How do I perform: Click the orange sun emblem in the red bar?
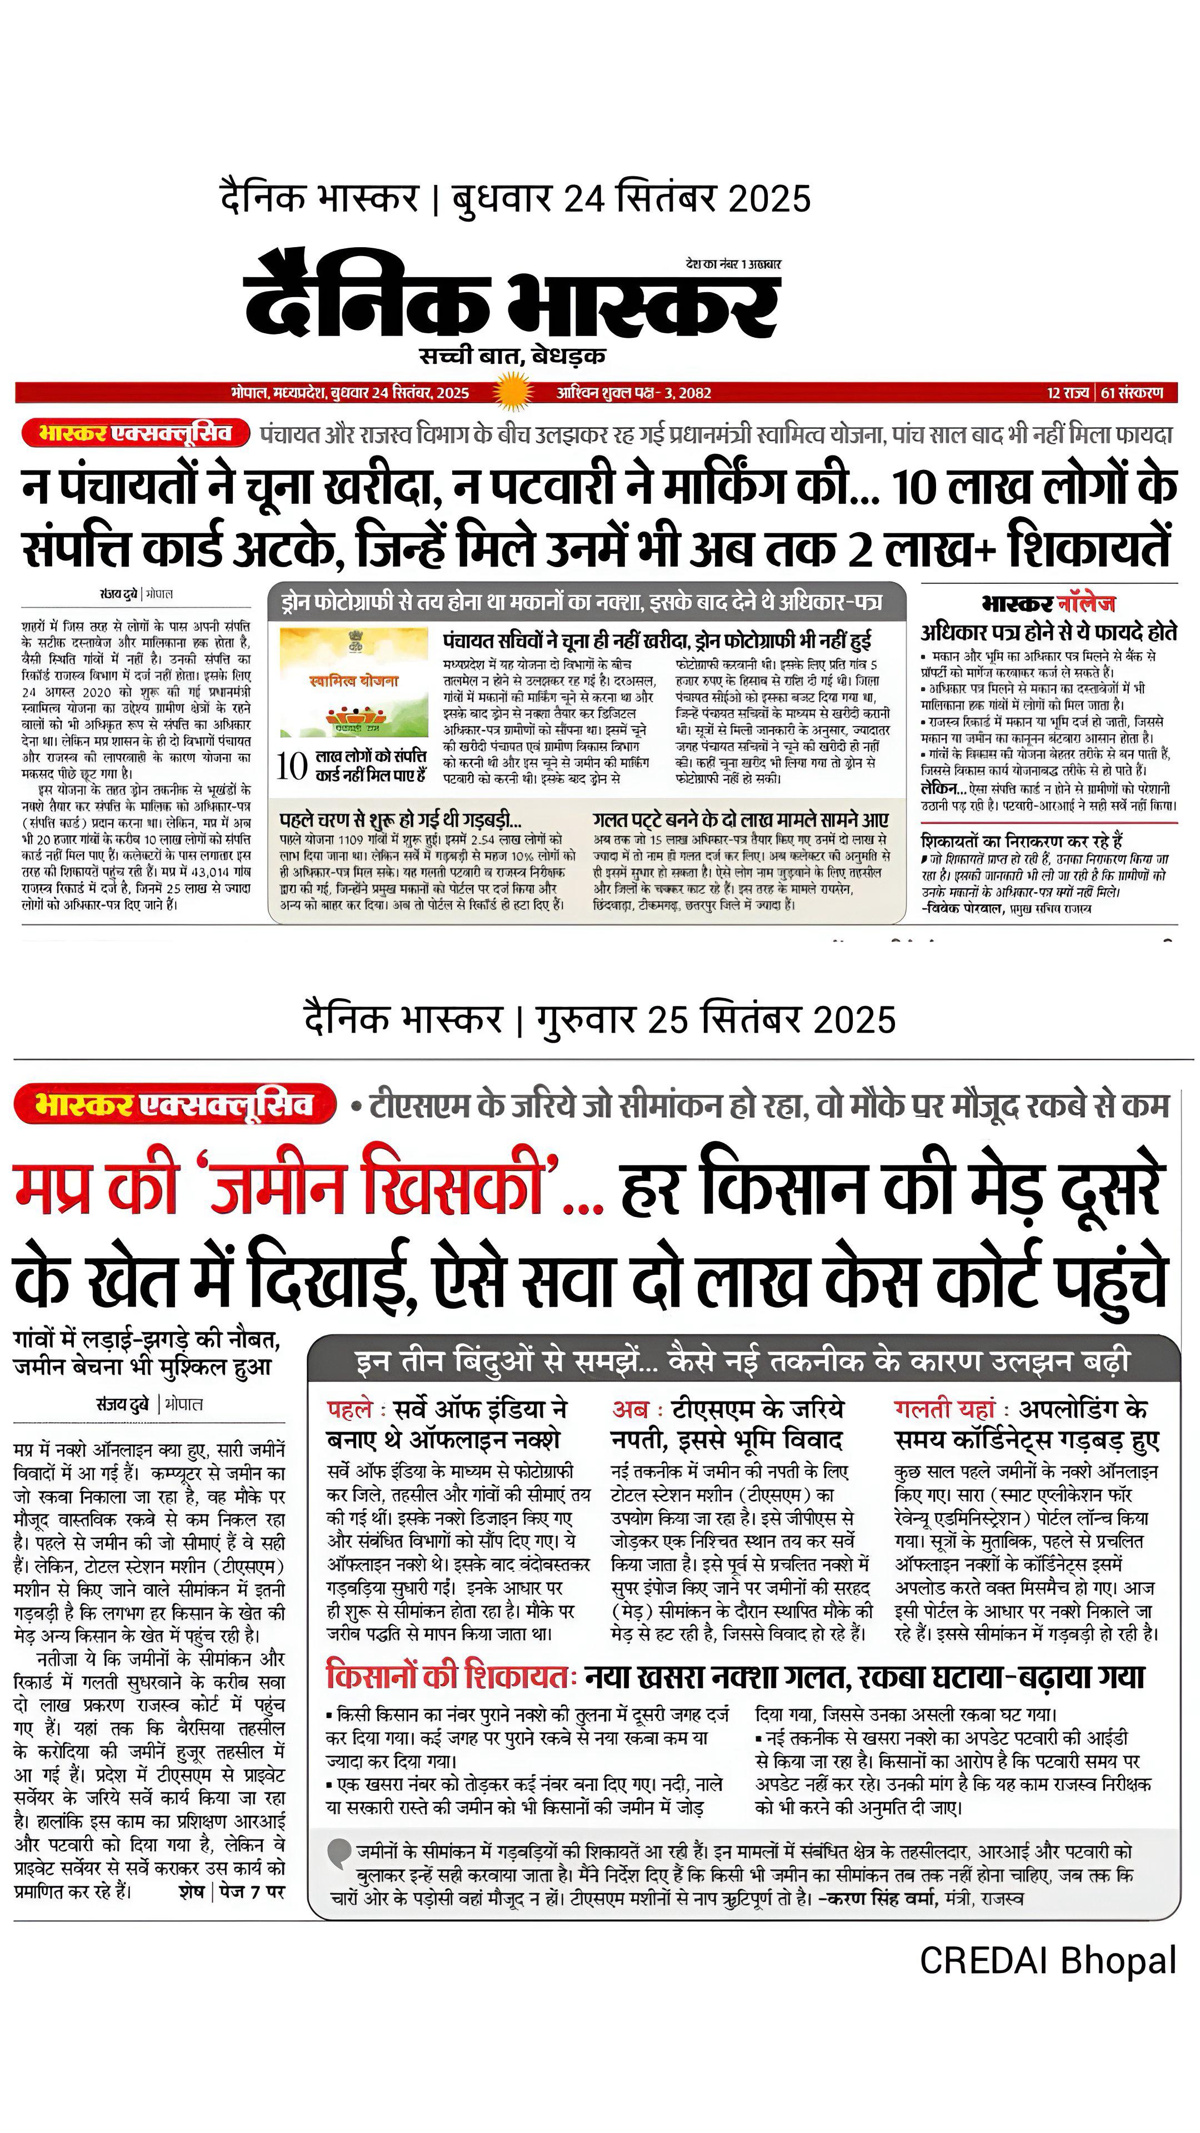click(511, 391)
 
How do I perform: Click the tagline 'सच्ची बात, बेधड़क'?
click(512, 356)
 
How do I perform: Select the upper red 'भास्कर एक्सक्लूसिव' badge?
click(135, 433)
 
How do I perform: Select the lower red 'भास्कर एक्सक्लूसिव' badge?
click(175, 1105)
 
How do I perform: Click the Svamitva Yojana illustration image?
click(354, 682)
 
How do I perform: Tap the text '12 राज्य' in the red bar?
click(1067, 393)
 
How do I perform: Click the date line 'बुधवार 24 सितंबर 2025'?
click(631, 199)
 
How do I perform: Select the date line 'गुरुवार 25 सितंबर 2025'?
click(716, 1019)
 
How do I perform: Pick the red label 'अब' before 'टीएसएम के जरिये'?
click(629, 1409)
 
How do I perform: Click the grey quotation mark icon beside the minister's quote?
click(339, 1852)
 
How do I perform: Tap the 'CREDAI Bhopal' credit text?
click(1048, 1960)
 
